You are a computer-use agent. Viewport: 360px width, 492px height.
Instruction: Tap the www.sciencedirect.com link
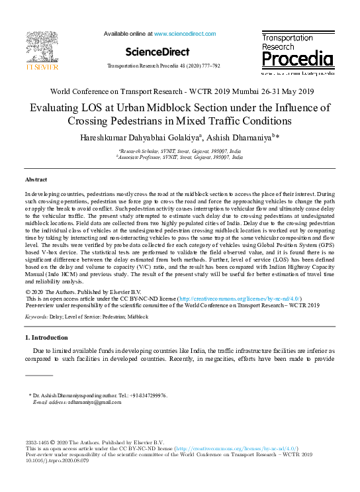[177, 33]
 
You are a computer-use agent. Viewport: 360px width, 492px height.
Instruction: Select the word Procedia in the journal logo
[296, 61]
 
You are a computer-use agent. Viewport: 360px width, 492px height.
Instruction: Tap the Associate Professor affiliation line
[180, 158]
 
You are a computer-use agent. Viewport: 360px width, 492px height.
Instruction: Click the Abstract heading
[36, 180]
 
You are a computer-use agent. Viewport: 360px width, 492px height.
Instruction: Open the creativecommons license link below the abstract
[236, 299]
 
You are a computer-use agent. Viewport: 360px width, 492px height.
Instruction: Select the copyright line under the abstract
[83, 292]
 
